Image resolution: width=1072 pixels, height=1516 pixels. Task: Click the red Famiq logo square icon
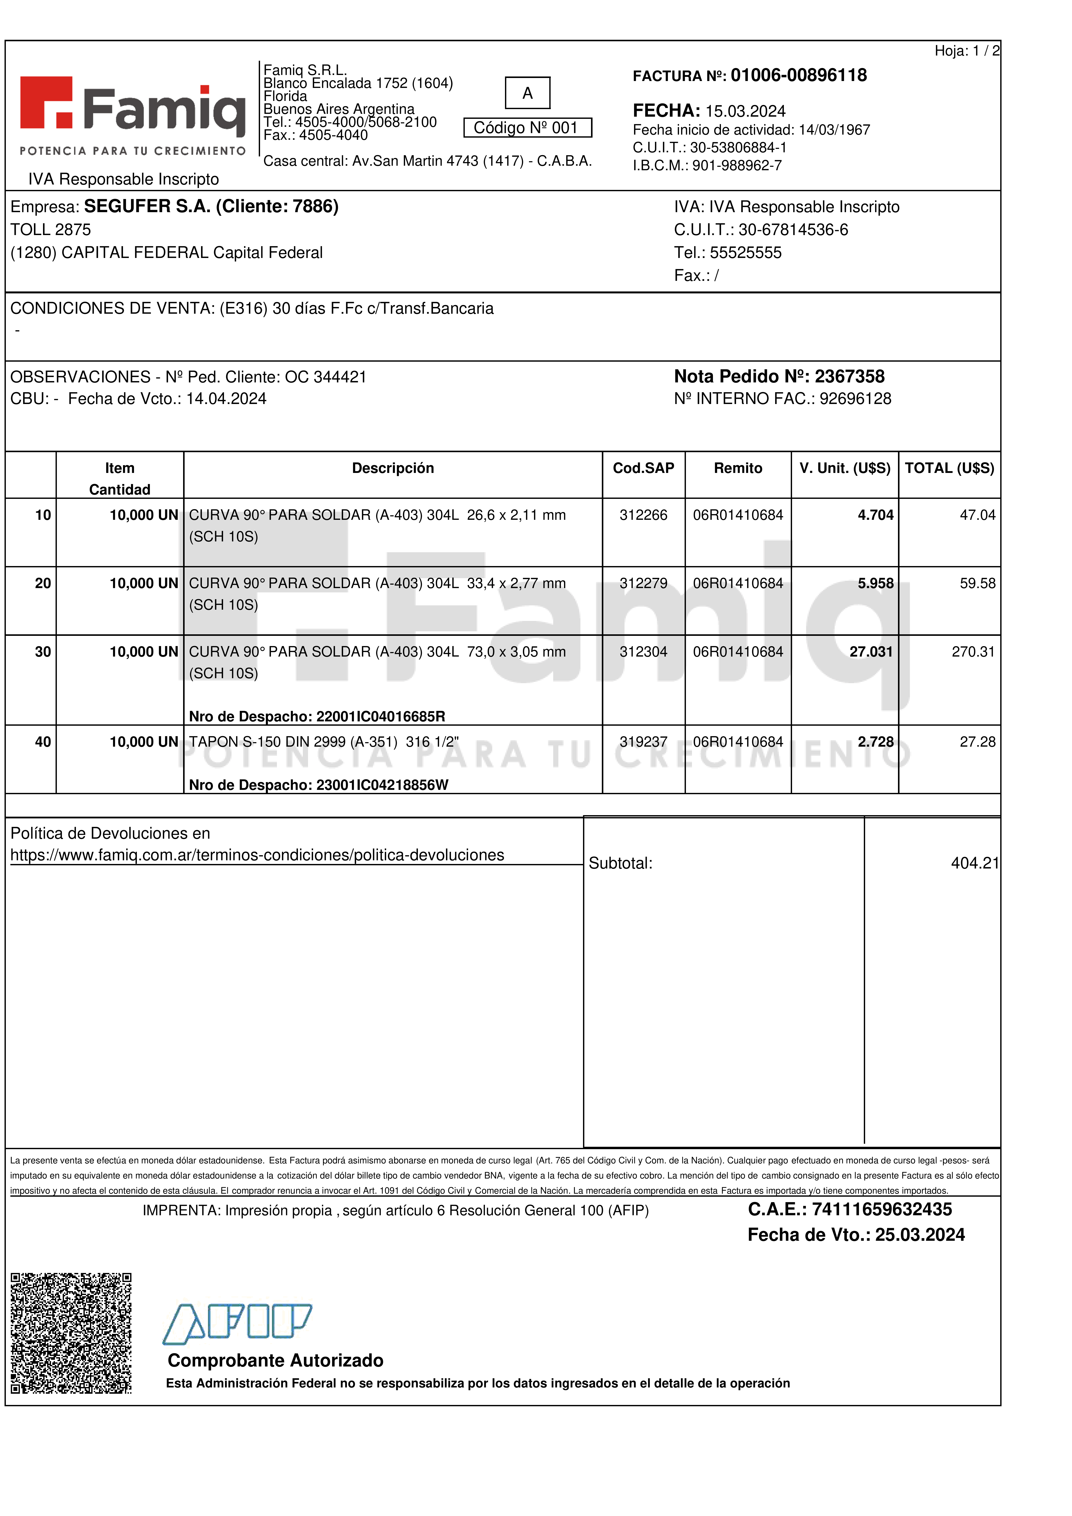point(46,102)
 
